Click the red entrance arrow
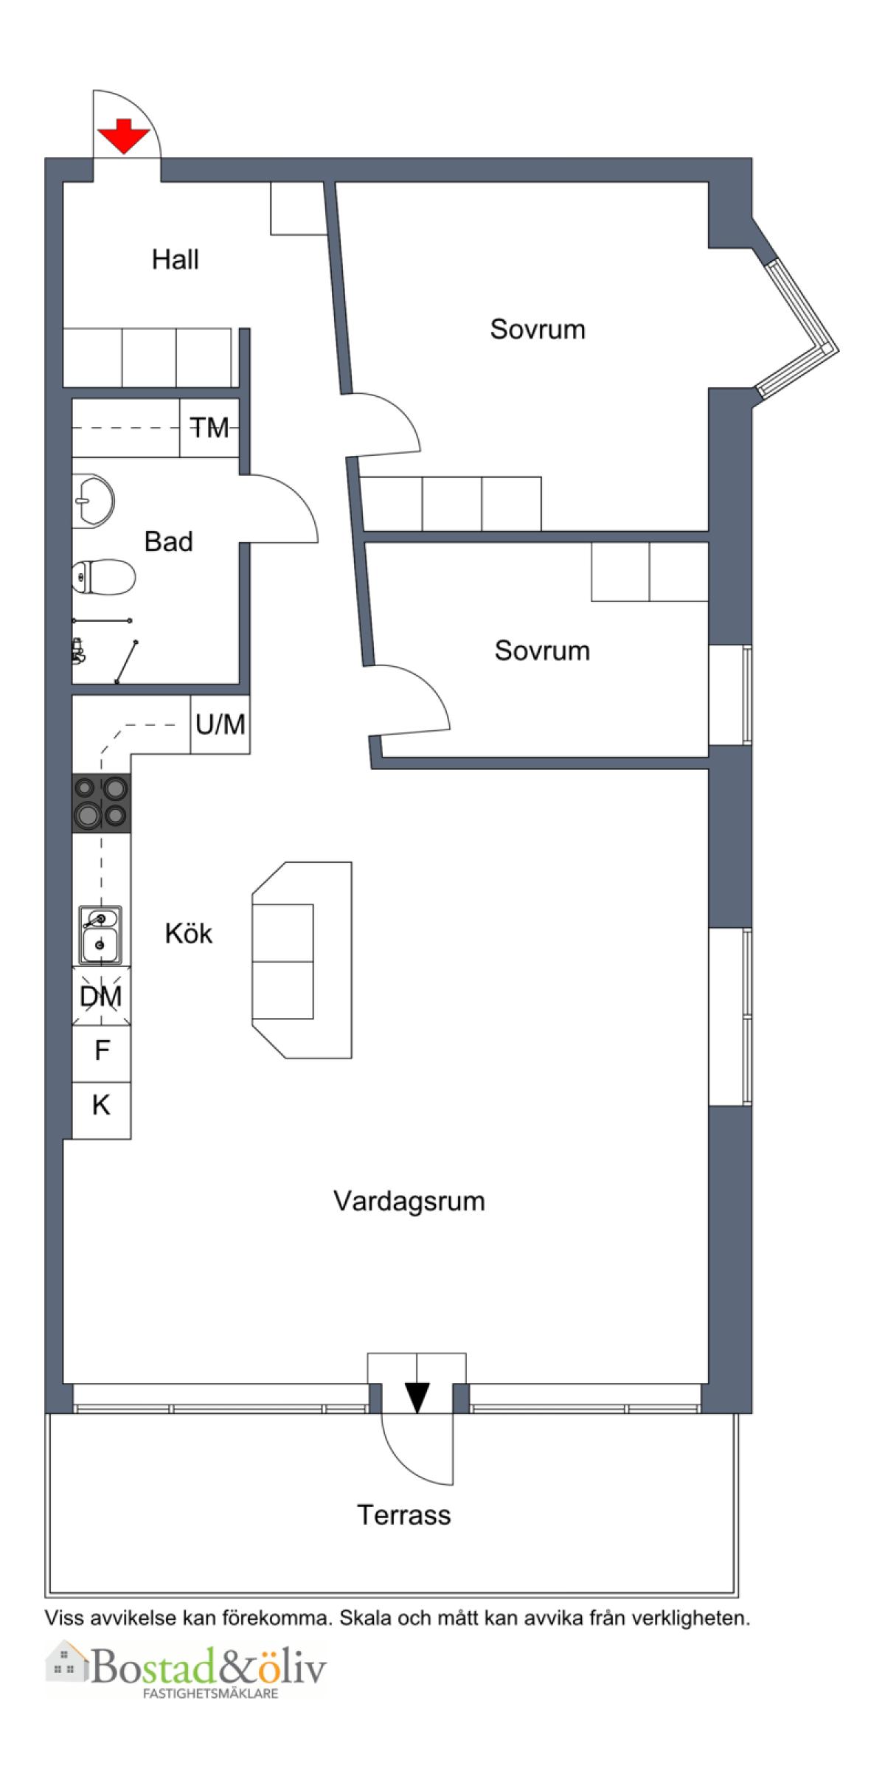pyautogui.click(x=125, y=136)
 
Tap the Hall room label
pyautogui.click(x=176, y=260)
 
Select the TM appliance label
pyautogui.click(x=210, y=428)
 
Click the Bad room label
pyautogui.click(x=169, y=542)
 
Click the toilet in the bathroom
pyautogui.click(x=103, y=577)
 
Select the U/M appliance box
pyautogui.click(x=220, y=724)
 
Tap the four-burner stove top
pyautogui.click(x=102, y=803)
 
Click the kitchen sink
pyautogui.click(x=101, y=935)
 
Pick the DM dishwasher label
pyautogui.click(x=101, y=997)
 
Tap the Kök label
pyautogui.click(x=189, y=934)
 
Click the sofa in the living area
pyautogui.click(x=302, y=960)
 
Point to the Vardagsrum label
pyautogui.click(x=409, y=1202)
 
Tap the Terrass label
pyautogui.click(x=404, y=1516)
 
